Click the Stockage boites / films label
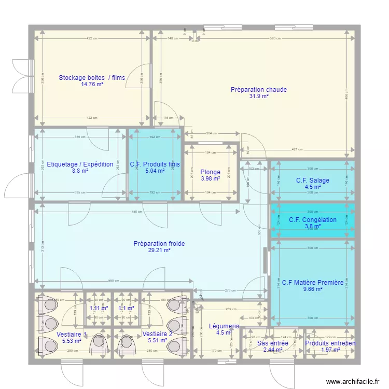pyautogui.click(x=92, y=78)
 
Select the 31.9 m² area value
pyautogui.click(x=258, y=96)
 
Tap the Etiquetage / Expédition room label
pyautogui.click(x=80, y=164)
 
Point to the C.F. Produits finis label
pyautogui.click(x=155, y=164)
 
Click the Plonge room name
pyautogui.click(x=210, y=172)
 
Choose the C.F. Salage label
pyautogui.click(x=313, y=180)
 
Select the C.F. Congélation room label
pyautogui.click(x=313, y=220)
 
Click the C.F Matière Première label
pyautogui.click(x=313, y=283)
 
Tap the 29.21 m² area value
pyautogui.click(x=159, y=250)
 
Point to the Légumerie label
pyautogui.click(x=224, y=326)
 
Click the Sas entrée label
pyautogui.click(x=273, y=343)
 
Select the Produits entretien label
pyautogui.click(x=330, y=343)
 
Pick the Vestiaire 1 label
pyautogui.click(x=72, y=334)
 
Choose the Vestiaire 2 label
pyautogui.click(x=157, y=334)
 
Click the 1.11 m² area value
pyautogui.click(x=99, y=308)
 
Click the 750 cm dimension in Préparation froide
pyautogui.click(x=136, y=212)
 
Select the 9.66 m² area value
pyautogui.click(x=313, y=289)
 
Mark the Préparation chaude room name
pyautogui.click(x=258, y=90)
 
